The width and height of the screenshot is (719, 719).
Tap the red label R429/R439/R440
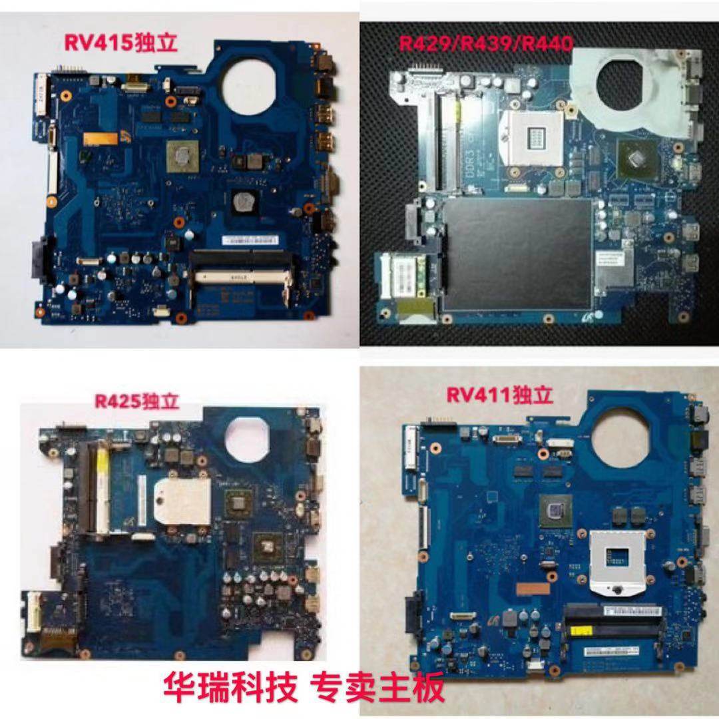click(x=485, y=45)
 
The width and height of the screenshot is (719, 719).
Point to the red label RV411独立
click(x=499, y=395)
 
